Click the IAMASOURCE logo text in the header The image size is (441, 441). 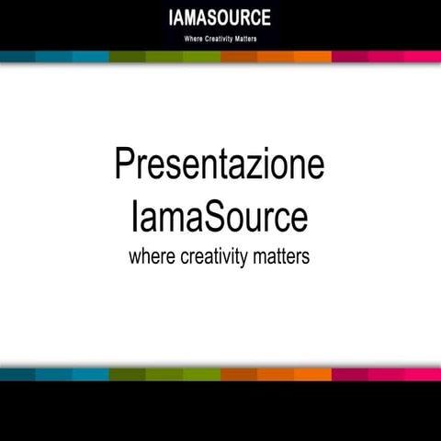click(x=220, y=18)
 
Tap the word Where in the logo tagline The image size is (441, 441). click(x=196, y=40)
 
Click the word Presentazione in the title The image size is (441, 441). click(x=220, y=164)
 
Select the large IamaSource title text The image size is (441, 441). click(x=220, y=218)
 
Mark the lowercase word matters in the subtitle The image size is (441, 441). click(x=282, y=256)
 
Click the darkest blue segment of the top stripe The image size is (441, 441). click(x=18, y=57)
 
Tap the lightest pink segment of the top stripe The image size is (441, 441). click(x=423, y=57)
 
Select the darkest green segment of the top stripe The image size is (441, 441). click(x=129, y=57)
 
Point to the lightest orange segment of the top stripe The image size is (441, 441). click(x=312, y=57)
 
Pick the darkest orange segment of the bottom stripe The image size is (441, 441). click(x=239, y=374)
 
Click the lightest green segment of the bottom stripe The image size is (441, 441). click(x=202, y=374)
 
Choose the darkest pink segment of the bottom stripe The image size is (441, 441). click(x=349, y=374)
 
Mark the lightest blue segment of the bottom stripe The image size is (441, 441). click(x=92, y=374)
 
